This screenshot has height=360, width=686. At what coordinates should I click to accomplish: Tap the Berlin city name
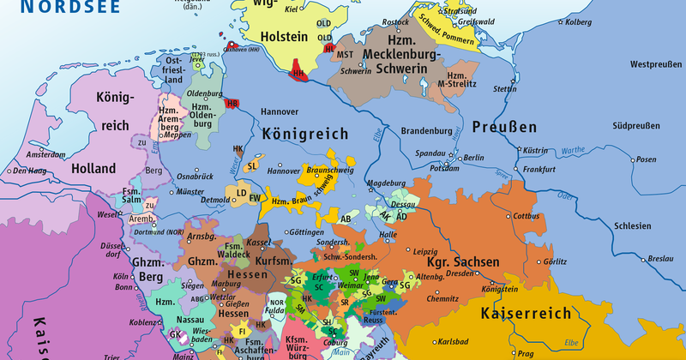(x=472, y=158)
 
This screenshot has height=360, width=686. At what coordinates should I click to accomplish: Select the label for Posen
(x=622, y=159)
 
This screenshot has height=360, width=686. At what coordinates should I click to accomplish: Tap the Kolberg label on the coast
(x=580, y=21)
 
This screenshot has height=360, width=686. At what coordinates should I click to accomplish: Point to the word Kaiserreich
(x=526, y=314)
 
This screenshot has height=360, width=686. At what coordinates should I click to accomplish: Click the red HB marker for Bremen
(x=232, y=104)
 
